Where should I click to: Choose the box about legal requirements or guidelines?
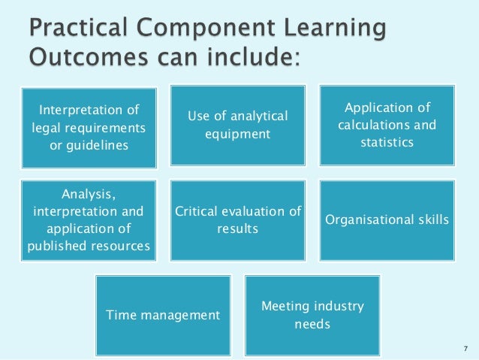pyautogui.click(x=89, y=127)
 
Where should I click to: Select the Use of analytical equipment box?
pyautogui.click(x=238, y=125)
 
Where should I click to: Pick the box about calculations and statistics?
pyautogui.click(x=388, y=125)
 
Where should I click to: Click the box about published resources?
pyautogui.click(x=89, y=219)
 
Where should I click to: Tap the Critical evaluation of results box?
pyautogui.click(x=238, y=219)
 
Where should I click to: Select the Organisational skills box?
pyautogui.click(x=388, y=219)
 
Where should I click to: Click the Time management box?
pyautogui.click(x=163, y=314)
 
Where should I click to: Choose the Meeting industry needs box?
pyautogui.click(x=312, y=314)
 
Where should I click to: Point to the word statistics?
pyautogui.click(x=388, y=141)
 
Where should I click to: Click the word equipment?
pyautogui.click(x=238, y=135)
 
